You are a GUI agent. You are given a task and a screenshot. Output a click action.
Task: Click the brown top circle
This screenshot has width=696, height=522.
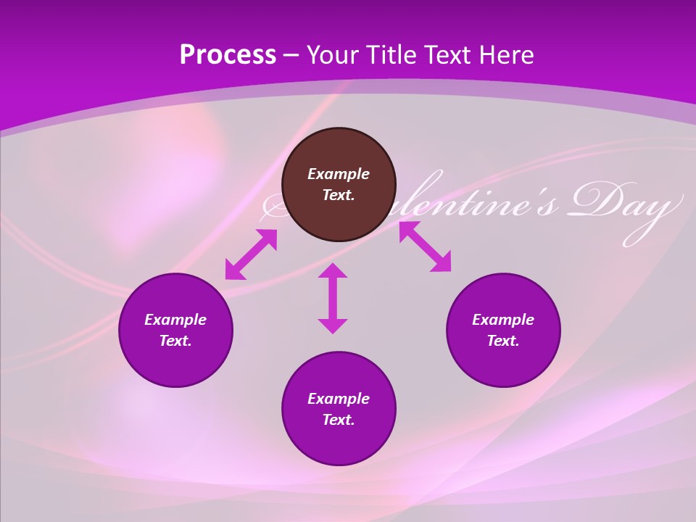[339, 185]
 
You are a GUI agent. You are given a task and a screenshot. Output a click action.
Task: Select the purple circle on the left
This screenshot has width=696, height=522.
[175, 330]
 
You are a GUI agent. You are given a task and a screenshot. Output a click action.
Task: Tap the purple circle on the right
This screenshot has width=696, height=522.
[503, 330]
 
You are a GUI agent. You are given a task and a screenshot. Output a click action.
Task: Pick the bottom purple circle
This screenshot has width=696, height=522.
[339, 409]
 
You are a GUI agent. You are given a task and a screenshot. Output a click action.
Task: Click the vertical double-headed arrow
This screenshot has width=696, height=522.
[333, 298]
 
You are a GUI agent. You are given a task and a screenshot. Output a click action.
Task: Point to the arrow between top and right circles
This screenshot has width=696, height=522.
[425, 246]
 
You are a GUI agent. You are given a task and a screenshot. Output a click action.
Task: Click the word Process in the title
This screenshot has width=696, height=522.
[228, 55]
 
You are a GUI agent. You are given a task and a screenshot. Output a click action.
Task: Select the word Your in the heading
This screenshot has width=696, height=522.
[331, 55]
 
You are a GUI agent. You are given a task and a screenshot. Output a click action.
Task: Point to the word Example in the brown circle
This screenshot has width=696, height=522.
[339, 174]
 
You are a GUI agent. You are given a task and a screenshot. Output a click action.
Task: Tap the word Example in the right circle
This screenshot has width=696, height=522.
[503, 320]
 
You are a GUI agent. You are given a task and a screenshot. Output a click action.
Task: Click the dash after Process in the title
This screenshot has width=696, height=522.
[291, 56]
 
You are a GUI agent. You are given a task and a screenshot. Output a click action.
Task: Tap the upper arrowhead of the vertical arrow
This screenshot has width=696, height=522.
[333, 271]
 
